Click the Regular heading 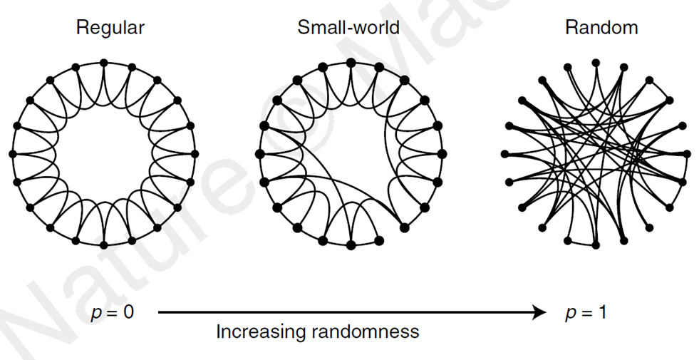tap(110, 29)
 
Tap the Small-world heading tap(348, 29)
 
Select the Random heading tap(601, 29)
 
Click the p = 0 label tap(113, 313)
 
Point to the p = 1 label tap(586, 313)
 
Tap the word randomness tap(371, 332)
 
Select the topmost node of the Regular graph tap(103, 63)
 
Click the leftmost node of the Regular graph tap(12, 153)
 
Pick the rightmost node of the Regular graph tap(195, 153)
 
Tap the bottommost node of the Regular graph tap(103, 245)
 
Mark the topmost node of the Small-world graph tap(351, 63)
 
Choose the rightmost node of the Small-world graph tap(442, 153)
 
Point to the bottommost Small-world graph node tap(351, 245)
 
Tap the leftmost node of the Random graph tap(504, 153)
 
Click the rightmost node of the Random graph tap(687, 153)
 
